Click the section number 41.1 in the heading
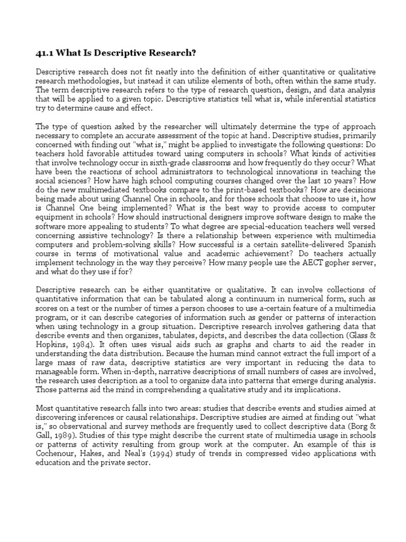coord(45,53)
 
